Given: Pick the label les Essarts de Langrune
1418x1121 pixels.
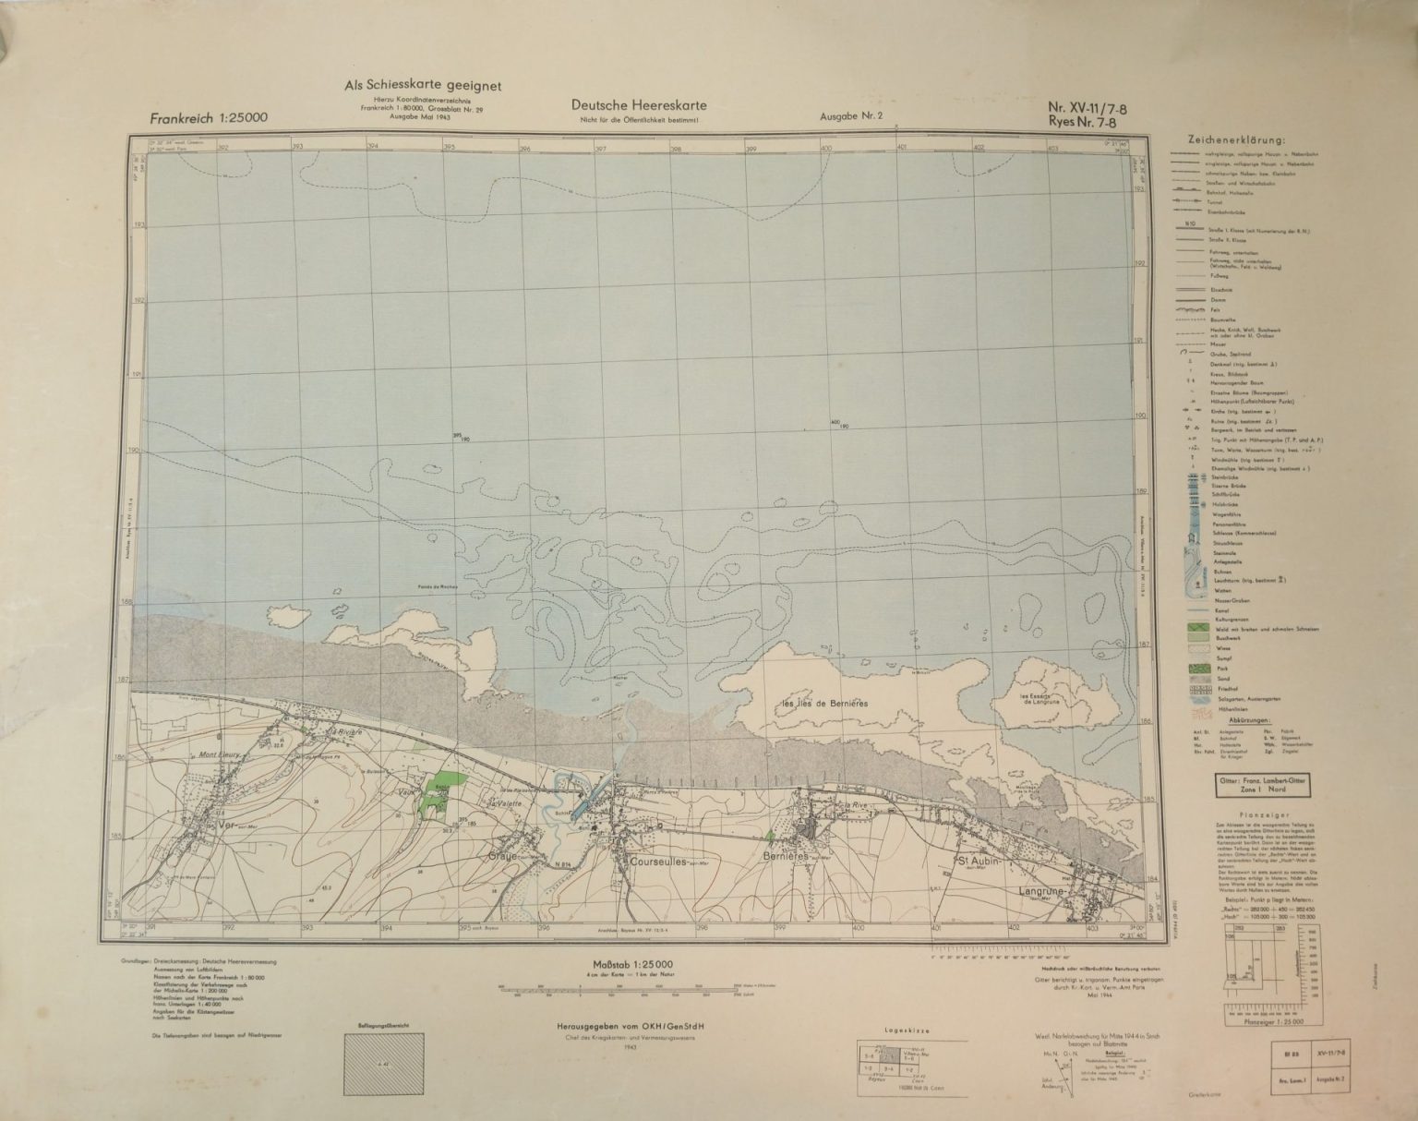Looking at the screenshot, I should pos(1037,700).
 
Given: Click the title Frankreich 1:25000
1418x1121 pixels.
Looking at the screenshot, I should pos(209,119).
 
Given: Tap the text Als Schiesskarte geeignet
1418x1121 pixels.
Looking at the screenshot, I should pos(422,85).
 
